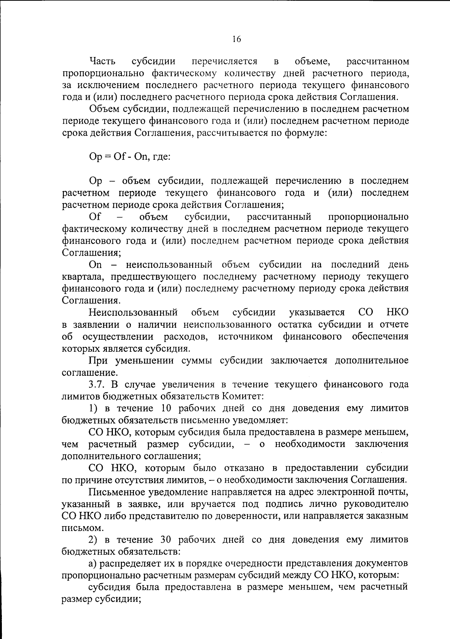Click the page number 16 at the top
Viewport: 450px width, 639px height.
[236, 39]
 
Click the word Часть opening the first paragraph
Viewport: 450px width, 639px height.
[102, 61]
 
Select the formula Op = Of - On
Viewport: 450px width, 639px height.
[118, 156]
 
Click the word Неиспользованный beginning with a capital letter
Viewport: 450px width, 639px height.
[133, 312]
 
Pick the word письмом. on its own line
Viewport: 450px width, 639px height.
[77, 528]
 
